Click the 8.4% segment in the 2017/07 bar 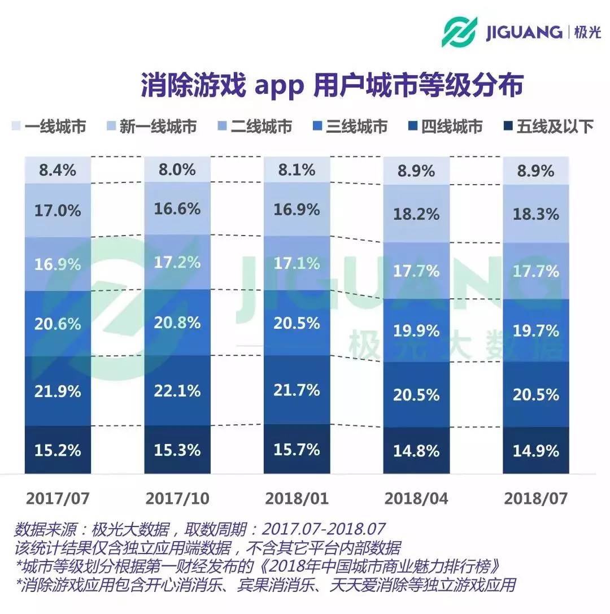tap(58, 170)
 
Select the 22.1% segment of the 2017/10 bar tap(177, 390)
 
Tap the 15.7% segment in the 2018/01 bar tap(297, 449)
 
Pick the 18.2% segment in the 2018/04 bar tap(417, 215)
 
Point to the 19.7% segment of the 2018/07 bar tap(535, 330)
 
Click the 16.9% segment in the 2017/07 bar tap(58, 264)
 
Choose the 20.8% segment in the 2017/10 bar tap(177, 323)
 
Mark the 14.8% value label tap(417, 451)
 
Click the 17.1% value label tap(297, 263)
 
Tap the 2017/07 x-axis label tap(58, 498)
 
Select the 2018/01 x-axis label tap(297, 498)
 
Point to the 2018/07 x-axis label tap(535, 498)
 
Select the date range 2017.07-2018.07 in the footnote tap(324, 530)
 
